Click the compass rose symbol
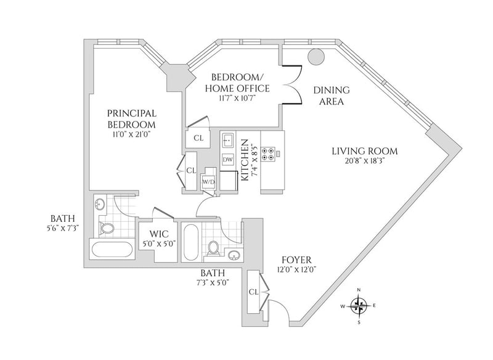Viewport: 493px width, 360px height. point(359,306)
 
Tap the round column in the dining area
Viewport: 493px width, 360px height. point(316,57)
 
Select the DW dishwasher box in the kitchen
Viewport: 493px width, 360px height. point(227,160)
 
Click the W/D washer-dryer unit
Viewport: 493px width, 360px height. point(208,181)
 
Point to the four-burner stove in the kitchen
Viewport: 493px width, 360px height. point(268,154)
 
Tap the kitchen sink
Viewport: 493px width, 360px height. point(228,140)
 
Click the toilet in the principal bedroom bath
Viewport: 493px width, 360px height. point(106,227)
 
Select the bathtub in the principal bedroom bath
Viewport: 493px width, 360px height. point(112,250)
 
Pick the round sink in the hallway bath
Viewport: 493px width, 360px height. point(234,255)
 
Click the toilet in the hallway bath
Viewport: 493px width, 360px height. point(213,248)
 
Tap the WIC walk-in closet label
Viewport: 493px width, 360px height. point(159,234)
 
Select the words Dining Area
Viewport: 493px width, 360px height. point(332,96)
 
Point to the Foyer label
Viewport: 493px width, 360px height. point(296,260)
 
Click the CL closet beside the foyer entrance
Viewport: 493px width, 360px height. point(254,292)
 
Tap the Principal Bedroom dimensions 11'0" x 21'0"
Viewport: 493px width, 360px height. point(132,134)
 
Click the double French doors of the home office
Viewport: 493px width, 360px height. point(292,84)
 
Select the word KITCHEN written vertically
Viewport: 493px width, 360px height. point(245,160)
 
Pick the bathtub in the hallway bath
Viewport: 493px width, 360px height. point(190,242)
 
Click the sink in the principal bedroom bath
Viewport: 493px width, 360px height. point(100,205)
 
